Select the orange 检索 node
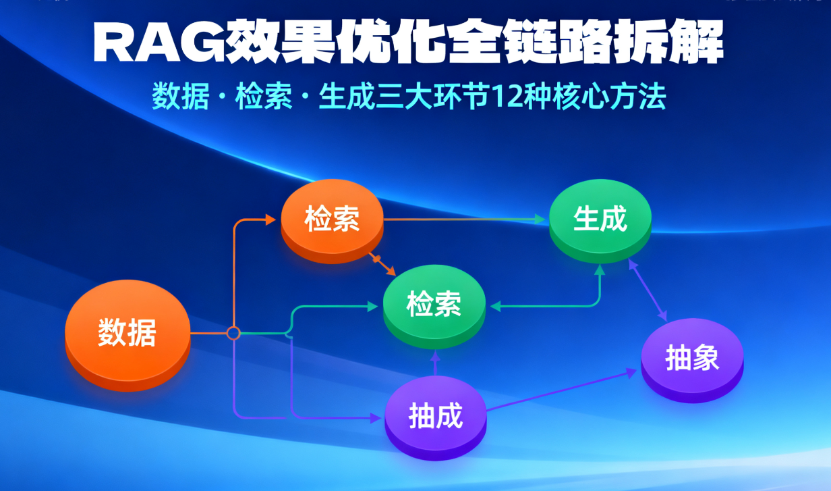tap(332, 219)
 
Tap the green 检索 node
tap(434, 305)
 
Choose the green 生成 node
tap(600, 219)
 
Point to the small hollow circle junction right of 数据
tap(233, 333)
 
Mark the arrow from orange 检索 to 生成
tap(465, 219)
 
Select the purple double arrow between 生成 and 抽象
tap(648, 290)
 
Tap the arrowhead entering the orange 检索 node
tap(270, 219)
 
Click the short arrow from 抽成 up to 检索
tap(435, 365)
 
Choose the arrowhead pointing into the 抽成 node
tap(376, 418)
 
